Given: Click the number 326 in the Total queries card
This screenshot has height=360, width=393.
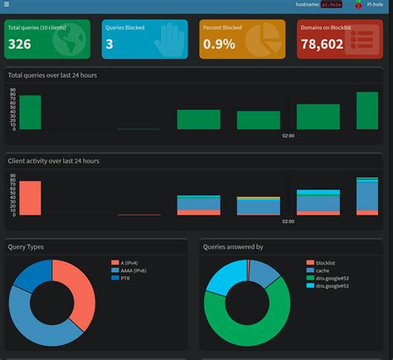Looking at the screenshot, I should [20, 44].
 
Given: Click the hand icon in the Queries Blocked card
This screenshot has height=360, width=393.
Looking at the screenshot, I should [171, 39].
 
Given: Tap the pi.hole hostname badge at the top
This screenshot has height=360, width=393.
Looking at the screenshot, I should [331, 5].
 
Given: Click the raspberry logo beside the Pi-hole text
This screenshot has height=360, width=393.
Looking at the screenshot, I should [358, 5].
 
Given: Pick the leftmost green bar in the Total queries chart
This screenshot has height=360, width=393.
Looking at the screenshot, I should [30, 113].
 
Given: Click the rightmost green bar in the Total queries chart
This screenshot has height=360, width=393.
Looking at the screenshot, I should [367, 110].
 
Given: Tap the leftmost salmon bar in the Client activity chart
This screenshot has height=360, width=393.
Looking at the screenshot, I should [30, 198].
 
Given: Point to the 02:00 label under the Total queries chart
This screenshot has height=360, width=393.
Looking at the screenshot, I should [288, 135].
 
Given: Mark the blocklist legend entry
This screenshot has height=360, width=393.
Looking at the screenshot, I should [327, 262].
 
